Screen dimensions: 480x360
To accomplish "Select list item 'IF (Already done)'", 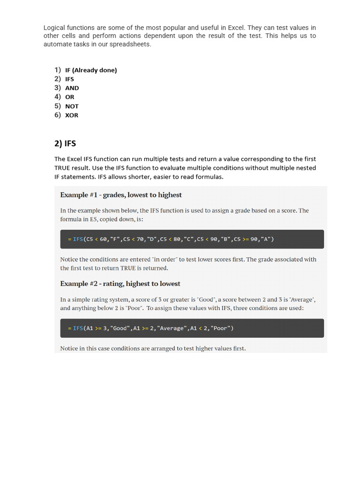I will [91, 70].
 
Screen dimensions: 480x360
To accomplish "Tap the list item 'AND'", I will [72, 88].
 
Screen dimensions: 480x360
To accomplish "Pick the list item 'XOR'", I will [72, 115].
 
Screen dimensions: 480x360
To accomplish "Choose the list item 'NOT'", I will [72, 106].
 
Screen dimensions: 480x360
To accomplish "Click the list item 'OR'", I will [70, 97].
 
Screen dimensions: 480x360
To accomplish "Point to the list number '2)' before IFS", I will [58, 79].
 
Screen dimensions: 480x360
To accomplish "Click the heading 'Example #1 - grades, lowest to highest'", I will [121, 195].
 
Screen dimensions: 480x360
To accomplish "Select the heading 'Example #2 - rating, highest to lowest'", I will [120, 284].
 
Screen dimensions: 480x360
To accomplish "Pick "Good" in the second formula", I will [120, 328].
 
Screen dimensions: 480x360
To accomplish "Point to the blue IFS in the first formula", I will [78, 239].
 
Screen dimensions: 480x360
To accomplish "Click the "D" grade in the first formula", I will [152, 239].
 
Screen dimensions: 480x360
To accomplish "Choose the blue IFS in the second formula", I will [78, 328].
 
